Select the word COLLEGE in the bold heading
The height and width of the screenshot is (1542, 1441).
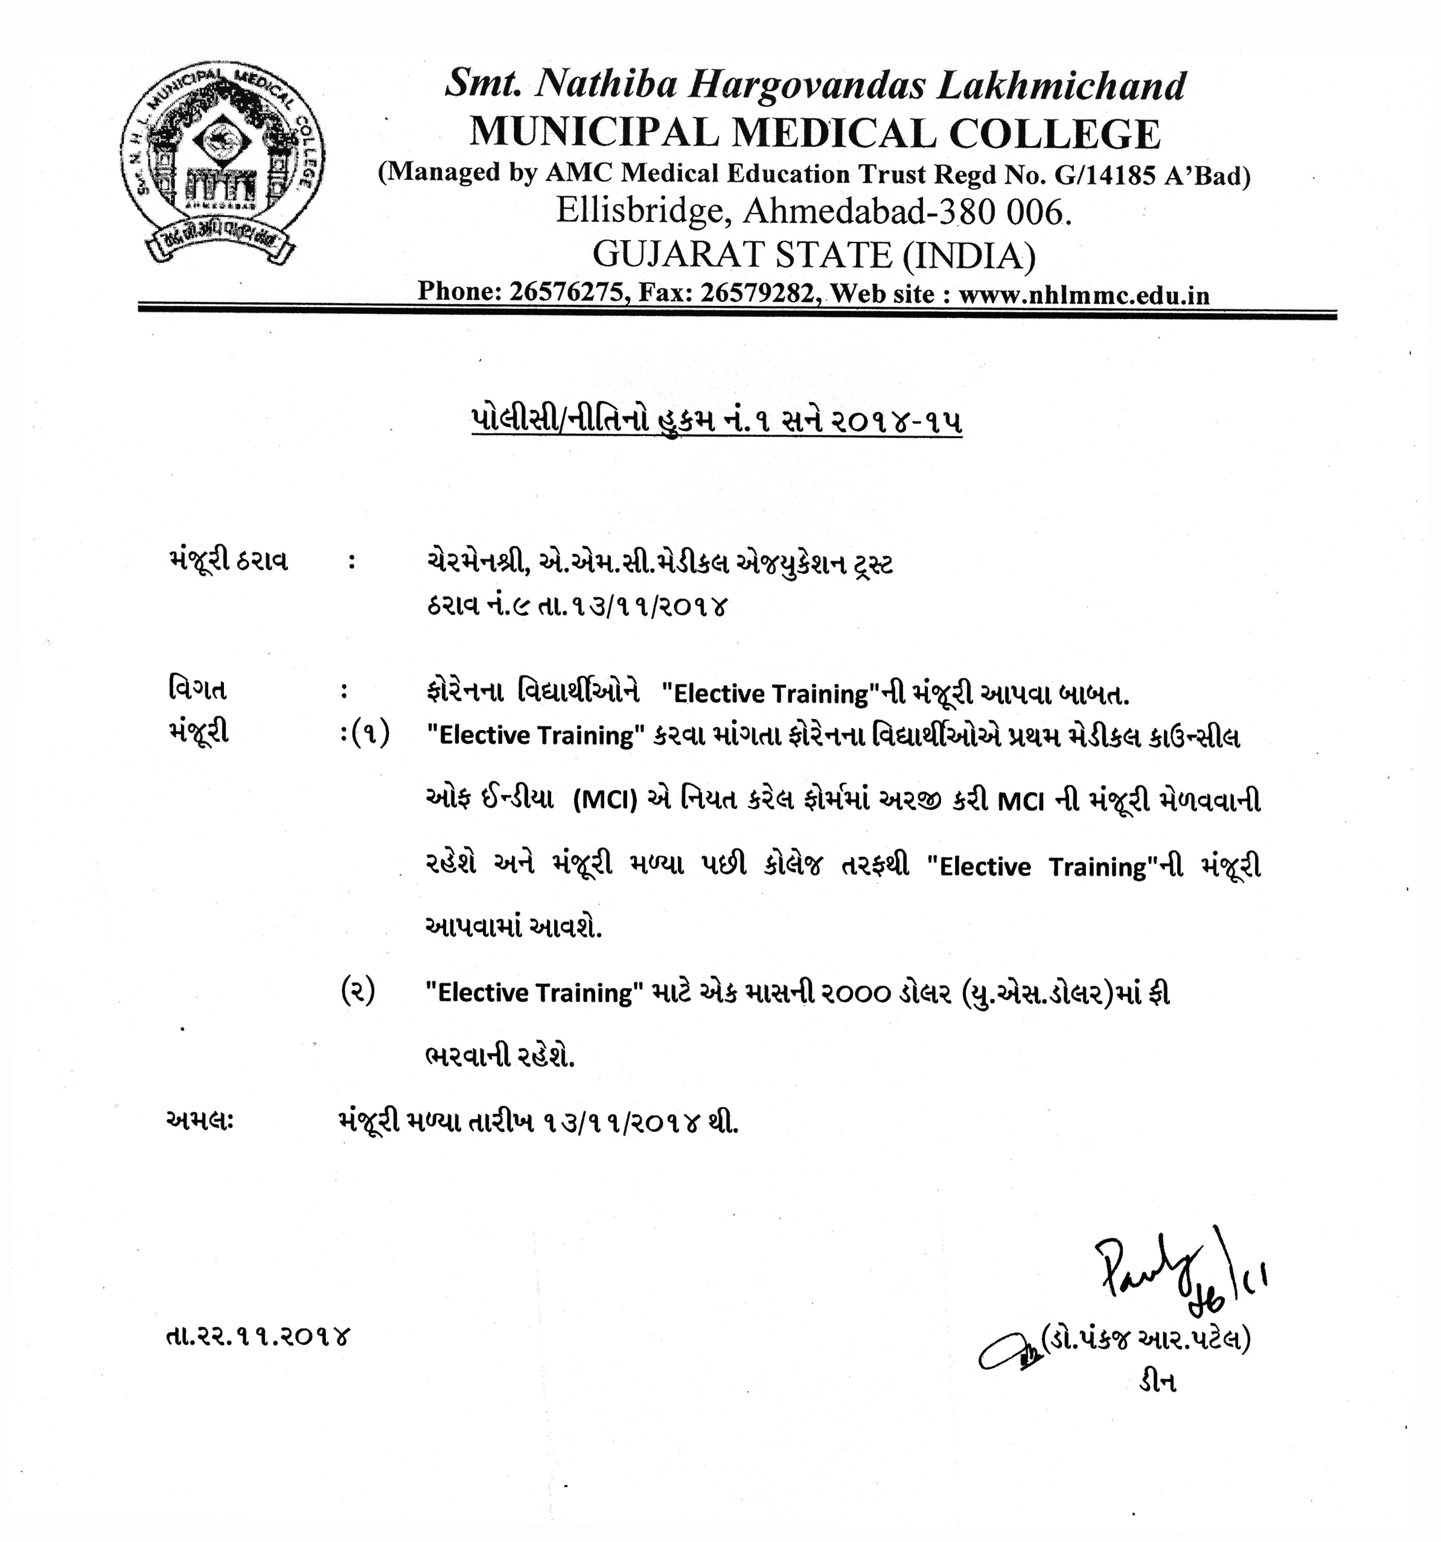point(1055,133)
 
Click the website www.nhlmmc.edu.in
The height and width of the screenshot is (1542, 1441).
point(1084,296)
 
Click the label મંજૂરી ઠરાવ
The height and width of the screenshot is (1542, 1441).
point(228,560)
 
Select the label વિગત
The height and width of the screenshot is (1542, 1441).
point(197,689)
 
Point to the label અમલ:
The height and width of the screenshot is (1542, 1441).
point(200,1121)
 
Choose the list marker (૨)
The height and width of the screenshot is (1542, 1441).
point(359,991)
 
